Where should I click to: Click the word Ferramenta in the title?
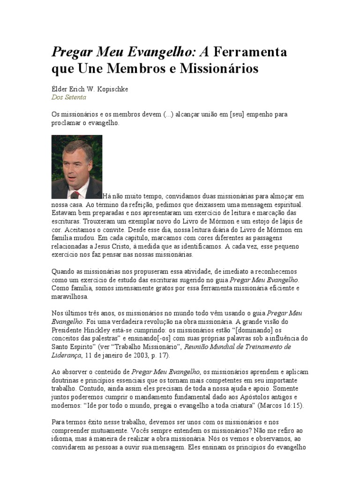pyautogui.click(x=251, y=52)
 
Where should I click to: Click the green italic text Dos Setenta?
pyautogui.click(x=68, y=97)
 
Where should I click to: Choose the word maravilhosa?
pyautogui.click(x=69, y=297)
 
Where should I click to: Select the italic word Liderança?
pyautogui.click(x=66, y=355)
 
